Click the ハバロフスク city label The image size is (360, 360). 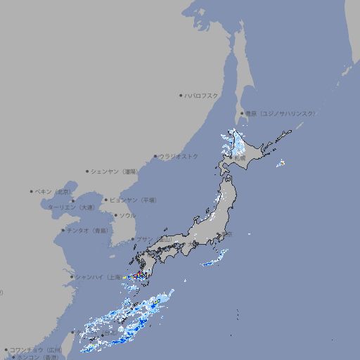(x=202, y=95)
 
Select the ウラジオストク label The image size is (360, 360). (x=179, y=156)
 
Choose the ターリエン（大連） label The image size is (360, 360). (x=70, y=207)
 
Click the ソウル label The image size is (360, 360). (x=127, y=215)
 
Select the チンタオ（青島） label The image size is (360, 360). (x=87, y=231)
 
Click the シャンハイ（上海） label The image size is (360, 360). (x=98, y=277)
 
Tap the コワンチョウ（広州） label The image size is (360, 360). (x=35, y=349)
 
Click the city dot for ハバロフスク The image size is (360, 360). (x=181, y=95)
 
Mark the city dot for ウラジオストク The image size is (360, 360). (x=155, y=156)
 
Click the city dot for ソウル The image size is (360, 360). (x=114, y=215)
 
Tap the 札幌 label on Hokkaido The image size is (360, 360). (x=240, y=159)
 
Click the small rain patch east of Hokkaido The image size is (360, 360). (x=281, y=164)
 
